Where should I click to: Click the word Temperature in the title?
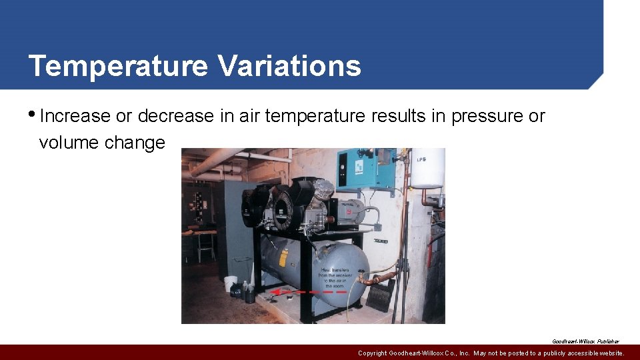coord(117,66)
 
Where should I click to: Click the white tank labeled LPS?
coord(427,168)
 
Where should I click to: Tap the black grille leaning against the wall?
coord(381,295)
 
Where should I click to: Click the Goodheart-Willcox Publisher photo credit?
coord(585,341)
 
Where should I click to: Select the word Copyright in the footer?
coord(377,353)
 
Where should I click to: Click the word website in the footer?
coord(607,353)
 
